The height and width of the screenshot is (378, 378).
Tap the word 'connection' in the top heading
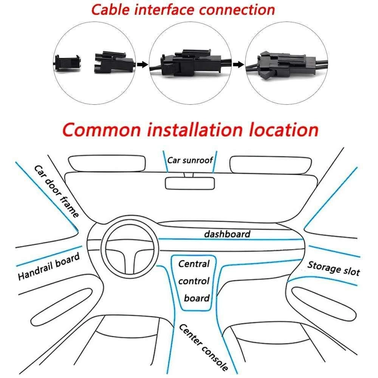tap(237, 10)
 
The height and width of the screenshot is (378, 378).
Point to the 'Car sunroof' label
tap(190, 160)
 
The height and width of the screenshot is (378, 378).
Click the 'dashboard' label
tap(227, 234)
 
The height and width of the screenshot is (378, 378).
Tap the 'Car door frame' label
tap(57, 191)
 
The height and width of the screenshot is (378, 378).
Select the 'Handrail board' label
tap(49, 267)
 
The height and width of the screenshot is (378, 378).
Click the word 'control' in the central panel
tap(194, 281)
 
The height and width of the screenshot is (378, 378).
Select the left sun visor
tap(107, 163)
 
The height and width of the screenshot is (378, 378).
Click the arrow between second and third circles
tap(237, 65)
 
